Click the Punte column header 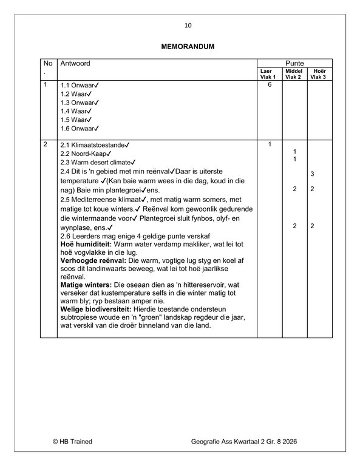click(x=294, y=63)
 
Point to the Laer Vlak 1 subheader click(x=267, y=74)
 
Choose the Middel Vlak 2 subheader click(x=294, y=74)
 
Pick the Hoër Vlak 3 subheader click(x=318, y=74)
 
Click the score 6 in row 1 click(x=268, y=85)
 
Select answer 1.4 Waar click(x=75, y=112)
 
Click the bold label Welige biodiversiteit click(x=94, y=308)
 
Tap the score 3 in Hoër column click(x=312, y=175)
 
